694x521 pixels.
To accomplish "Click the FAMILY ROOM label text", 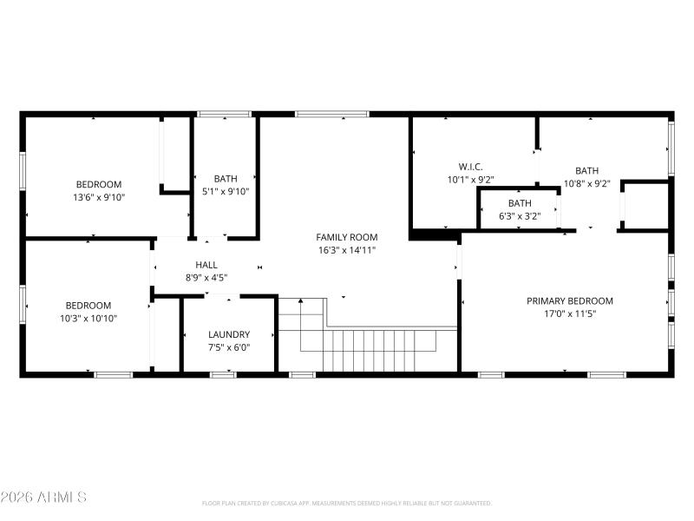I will click(x=346, y=237).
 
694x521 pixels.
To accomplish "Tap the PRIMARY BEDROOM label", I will click(x=569, y=301).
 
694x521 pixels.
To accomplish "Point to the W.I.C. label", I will click(x=470, y=167).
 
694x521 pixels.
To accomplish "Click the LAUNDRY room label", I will click(x=229, y=334).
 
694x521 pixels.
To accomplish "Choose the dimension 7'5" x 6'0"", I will click(x=229, y=347).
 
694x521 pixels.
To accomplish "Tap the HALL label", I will click(x=206, y=265).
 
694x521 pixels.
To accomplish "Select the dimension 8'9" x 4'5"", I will click(x=206, y=278).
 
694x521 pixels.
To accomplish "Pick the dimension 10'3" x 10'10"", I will click(x=88, y=318).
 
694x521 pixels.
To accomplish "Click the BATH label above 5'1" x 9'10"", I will click(x=225, y=179).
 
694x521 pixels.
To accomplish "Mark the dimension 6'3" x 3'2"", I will click(x=520, y=216).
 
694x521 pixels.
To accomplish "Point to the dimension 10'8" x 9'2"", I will click(x=586, y=183).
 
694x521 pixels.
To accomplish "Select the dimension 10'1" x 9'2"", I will click(x=470, y=180).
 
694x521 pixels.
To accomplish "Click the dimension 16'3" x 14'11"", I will click(x=346, y=250).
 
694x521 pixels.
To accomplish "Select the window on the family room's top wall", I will click(x=331, y=114).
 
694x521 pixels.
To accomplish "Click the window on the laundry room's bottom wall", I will click(x=223, y=374).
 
